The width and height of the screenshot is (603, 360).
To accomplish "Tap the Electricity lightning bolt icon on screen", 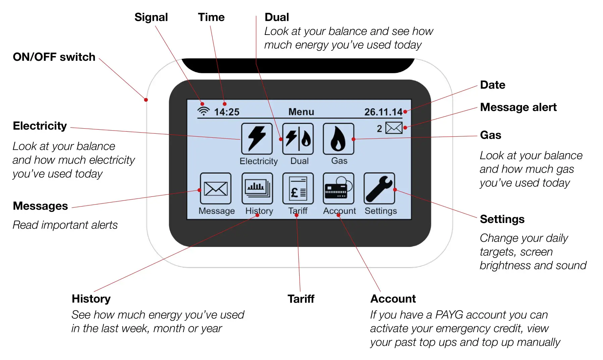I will [257, 138].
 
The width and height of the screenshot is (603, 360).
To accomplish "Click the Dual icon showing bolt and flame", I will [298, 138].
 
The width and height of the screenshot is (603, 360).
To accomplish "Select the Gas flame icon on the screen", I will [338, 138].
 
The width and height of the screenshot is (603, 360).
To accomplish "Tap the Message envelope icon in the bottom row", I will [215, 188].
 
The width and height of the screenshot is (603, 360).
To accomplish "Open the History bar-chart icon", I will [257, 188].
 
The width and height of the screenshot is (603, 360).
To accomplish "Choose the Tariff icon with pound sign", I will [298, 188].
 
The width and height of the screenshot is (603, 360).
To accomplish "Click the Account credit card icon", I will [338, 188].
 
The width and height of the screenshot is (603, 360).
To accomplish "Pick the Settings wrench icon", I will [379, 188].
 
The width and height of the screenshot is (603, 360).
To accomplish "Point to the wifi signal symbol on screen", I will [203, 111].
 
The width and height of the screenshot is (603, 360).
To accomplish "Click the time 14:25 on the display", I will [227, 112].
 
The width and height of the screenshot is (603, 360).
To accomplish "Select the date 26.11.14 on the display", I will [383, 112].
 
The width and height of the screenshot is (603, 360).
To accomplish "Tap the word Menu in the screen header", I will [301, 112].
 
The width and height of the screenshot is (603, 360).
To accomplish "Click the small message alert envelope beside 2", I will [394, 128].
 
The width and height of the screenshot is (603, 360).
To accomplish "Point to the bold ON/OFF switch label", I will [54, 57].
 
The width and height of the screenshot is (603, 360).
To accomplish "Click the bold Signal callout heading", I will [151, 17].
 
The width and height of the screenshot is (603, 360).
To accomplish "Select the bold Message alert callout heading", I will [518, 107].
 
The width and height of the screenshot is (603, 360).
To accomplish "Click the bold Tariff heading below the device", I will [301, 299].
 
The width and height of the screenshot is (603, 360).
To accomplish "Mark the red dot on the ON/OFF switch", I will [146, 100].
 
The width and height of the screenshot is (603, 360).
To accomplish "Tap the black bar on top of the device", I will [298, 65].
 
